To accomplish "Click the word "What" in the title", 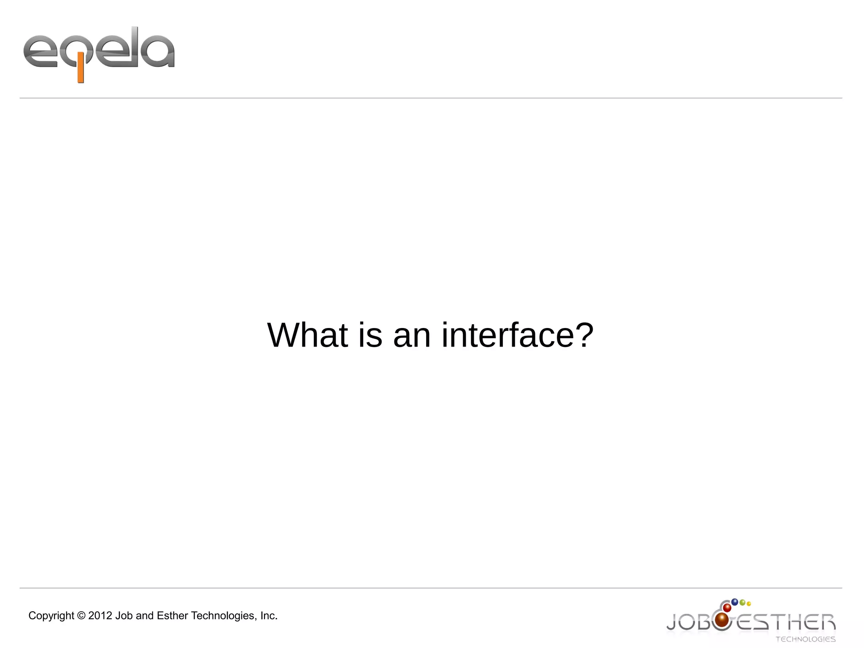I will click(308, 335).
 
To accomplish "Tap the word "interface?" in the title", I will click(517, 335).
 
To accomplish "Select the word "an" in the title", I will click(412, 336).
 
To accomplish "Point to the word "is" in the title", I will click(370, 335).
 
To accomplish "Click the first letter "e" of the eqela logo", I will click(40, 52).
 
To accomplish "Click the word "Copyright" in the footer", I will click(51, 616).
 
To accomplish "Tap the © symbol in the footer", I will click(81, 616).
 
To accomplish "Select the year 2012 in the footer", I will click(100, 616).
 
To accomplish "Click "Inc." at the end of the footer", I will click(269, 616).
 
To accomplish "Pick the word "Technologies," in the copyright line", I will click(224, 616).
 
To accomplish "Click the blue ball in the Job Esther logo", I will click(734, 602).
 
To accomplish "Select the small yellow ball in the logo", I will click(749, 604).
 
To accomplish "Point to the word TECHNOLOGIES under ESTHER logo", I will click(805, 639).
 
